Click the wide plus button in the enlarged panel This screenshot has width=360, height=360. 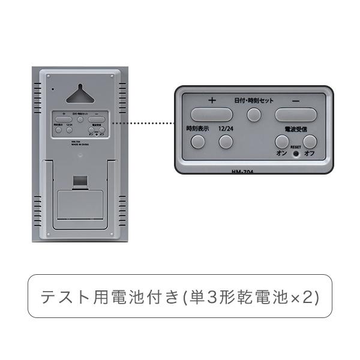pos(211,113)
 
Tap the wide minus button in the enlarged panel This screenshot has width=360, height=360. pos(295,113)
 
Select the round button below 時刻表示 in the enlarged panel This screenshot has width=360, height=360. pos(197,142)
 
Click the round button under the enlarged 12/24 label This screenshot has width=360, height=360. pos(226,142)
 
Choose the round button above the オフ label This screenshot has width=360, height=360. pos(310,142)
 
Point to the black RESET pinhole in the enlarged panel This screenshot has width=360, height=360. pos(296,153)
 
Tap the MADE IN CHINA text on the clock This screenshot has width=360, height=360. pos(79,144)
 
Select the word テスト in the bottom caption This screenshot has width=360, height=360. pos(70,296)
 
